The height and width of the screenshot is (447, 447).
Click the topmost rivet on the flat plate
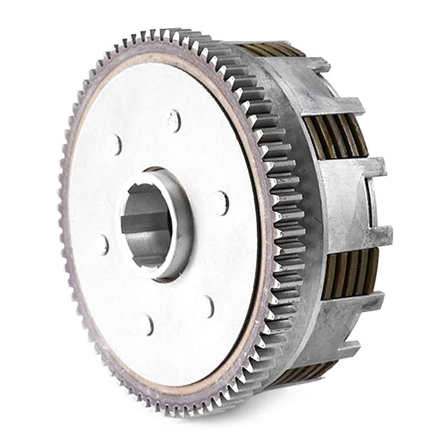(174, 120)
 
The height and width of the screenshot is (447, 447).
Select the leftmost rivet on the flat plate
(102, 244)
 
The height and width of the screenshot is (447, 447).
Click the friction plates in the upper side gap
(335, 137)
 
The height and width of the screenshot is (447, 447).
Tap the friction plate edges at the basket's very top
(274, 49)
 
